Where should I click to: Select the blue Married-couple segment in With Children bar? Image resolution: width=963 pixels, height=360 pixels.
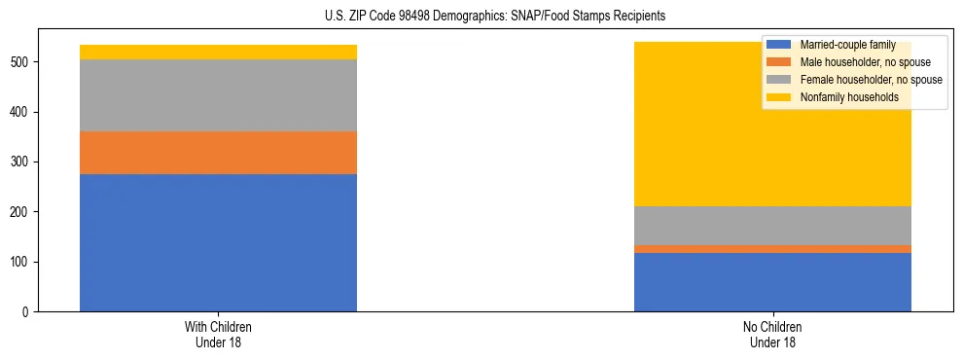tap(218, 242)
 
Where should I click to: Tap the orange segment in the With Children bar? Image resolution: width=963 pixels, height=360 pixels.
tap(218, 153)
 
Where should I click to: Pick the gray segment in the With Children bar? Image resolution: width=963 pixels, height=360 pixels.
tap(218, 95)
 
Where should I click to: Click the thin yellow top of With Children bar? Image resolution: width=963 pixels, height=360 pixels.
tap(218, 52)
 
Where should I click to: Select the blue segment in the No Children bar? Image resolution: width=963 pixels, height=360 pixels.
tap(772, 282)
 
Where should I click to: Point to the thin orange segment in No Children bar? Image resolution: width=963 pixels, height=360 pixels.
tap(772, 249)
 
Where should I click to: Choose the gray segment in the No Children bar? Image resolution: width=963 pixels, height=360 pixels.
tap(772, 226)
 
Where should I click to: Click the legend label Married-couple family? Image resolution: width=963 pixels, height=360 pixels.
tap(847, 45)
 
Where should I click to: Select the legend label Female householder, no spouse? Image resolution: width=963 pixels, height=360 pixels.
tap(871, 80)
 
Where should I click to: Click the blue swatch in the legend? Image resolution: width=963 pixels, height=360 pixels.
tap(779, 45)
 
